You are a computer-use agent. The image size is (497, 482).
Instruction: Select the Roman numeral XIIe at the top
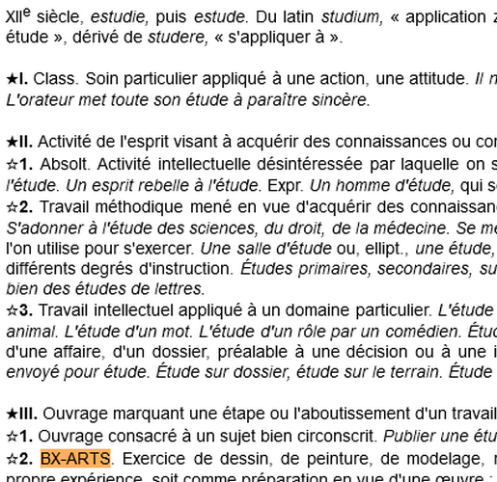pos(18,17)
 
